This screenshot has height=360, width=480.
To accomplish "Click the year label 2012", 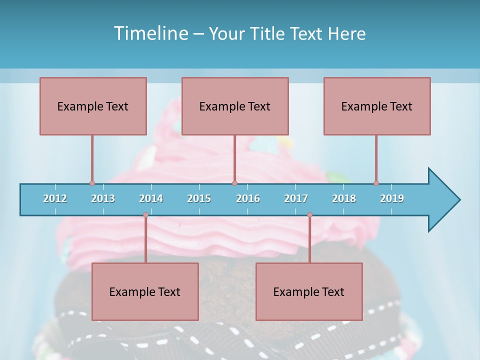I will click(55, 198).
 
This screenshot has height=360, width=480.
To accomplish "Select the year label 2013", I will click(103, 198).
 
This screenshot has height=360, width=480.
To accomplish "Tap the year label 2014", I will click(151, 198).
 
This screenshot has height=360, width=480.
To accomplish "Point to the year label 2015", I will click(199, 198).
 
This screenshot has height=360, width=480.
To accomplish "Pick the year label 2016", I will click(248, 198).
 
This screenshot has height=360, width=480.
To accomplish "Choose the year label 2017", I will click(296, 198).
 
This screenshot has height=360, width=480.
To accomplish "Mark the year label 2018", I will click(344, 198).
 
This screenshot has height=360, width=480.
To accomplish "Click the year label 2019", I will click(392, 198).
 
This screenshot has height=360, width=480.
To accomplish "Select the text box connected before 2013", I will click(93, 106).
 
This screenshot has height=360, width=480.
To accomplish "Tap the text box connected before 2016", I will click(235, 106).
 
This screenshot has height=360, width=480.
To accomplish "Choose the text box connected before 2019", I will click(377, 106).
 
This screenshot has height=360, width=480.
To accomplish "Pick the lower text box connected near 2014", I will click(145, 291).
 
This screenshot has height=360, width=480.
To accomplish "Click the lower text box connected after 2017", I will click(309, 291).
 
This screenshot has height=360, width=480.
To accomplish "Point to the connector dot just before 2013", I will click(92, 183).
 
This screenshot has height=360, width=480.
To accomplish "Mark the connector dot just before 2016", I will click(234, 183).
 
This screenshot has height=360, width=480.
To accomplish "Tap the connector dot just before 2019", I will click(376, 183).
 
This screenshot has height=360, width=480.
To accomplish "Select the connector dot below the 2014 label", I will click(145, 214).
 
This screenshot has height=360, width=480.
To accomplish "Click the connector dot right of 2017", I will click(309, 214).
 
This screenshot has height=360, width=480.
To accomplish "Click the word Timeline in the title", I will click(150, 33).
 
